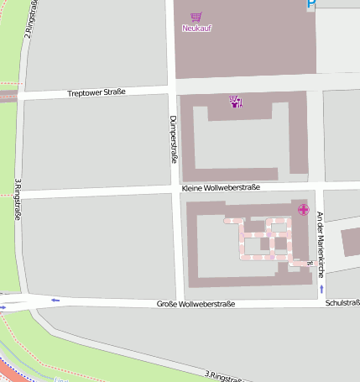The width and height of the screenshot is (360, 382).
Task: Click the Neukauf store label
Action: pyautogui.click(x=196, y=29)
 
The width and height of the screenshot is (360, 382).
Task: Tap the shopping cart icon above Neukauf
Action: pyautogui.click(x=196, y=16)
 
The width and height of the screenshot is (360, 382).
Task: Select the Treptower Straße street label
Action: pyautogui.click(x=97, y=92)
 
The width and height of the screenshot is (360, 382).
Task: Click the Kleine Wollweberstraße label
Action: pyautogui.click(x=221, y=188)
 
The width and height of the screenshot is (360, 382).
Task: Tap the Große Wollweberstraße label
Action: pyautogui.click(x=196, y=304)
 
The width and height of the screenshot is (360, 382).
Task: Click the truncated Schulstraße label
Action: pyautogui.click(x=342, y=302)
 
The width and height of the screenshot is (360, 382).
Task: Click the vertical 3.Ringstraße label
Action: pyautogui.click(x=17, y=200)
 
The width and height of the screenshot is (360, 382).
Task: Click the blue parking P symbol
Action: pyautogui.click(x=312, y=5)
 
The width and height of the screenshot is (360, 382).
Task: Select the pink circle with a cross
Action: pyautogui.click(x=303, y=209)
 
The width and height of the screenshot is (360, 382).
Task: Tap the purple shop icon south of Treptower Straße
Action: pyautogui.click(x=236, y=102)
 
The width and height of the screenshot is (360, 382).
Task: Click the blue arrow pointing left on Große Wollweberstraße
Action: pyautogui.click(x=55, y=300)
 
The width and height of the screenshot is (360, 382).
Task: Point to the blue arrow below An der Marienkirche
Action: pyautogui.click(x=321, y=290)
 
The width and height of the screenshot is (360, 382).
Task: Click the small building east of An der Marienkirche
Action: pyautogui.click(x=351, y=242)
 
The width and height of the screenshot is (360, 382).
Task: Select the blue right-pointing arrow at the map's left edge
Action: pyautogui.click(x=3, y=307)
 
